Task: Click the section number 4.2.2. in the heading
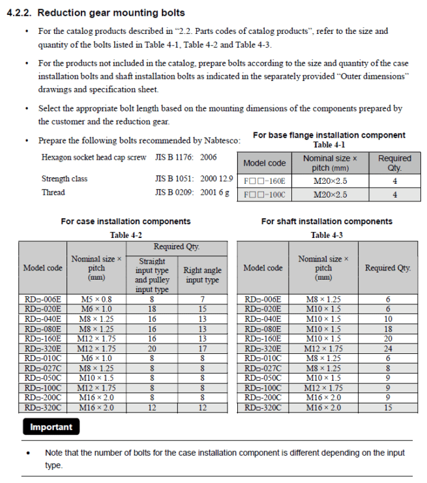tap(20, 12)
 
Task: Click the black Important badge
tap(52, 428)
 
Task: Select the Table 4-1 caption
tap(329, 145)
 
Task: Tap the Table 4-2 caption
tap(126, 235)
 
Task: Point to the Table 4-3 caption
tap(327, 235)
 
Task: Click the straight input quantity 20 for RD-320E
tap(152, 348)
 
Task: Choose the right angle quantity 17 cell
tap(202, 348)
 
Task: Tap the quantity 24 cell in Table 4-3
tap(388, 348)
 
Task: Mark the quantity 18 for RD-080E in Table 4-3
tap(388, 329)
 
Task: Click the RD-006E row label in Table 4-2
tap(43, 300)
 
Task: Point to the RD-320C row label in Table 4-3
tap(263, 408)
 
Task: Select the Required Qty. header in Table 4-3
tap(388, 268)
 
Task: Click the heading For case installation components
tap(126, 222)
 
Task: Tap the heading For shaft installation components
tap(327, 222)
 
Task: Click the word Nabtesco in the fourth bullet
tap(220, 140)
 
